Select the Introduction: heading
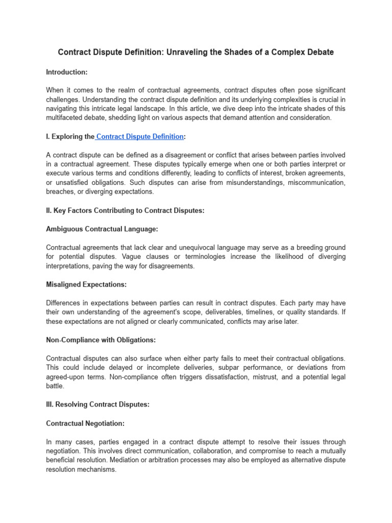(66, 72)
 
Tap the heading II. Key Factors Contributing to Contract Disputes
(125, 210)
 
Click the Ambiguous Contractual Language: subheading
(102, 229)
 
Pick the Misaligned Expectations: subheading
(86, 284)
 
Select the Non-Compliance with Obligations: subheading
(101, 340)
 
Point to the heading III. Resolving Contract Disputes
(97, 404)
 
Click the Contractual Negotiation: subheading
(85, 423)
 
